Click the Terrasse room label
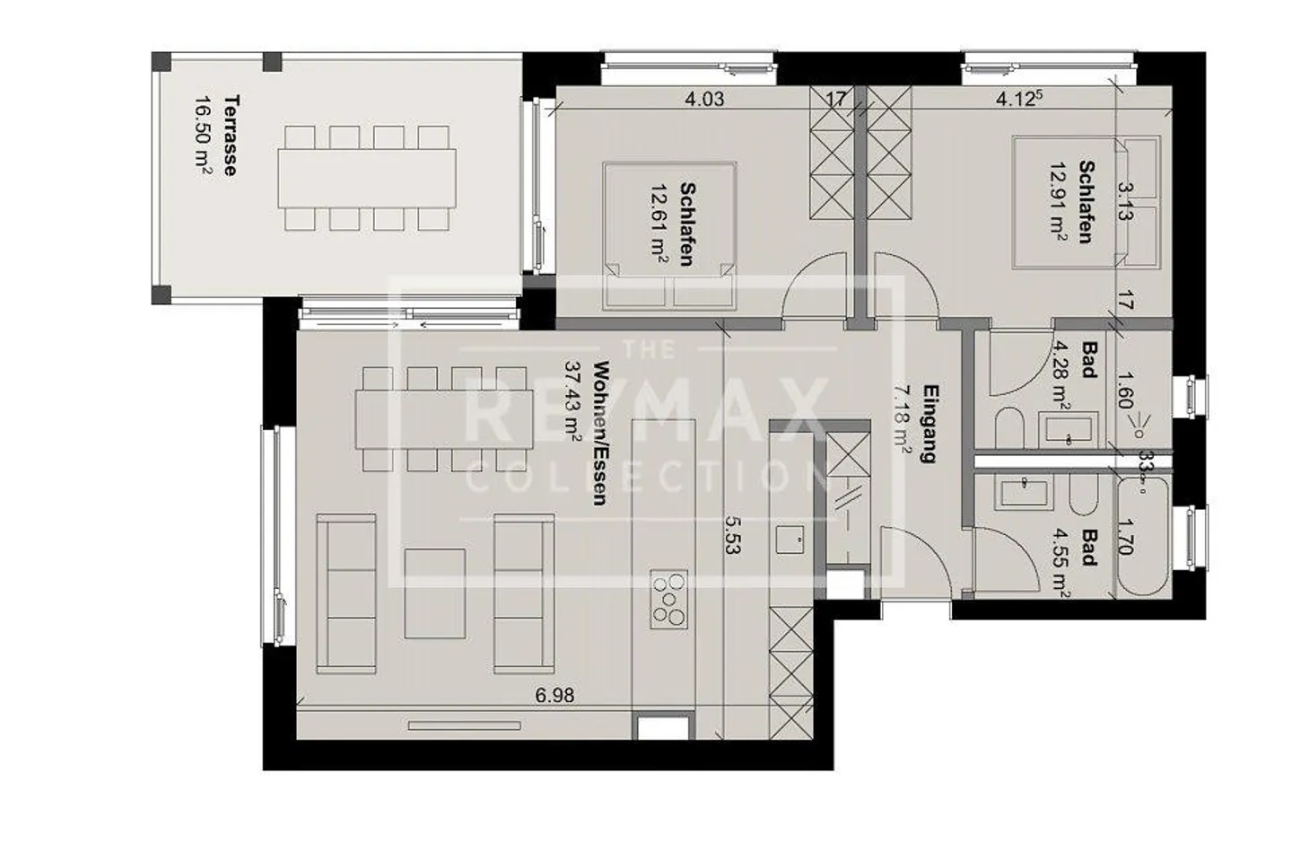(x=231, y=136)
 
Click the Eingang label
(x=930, y=424)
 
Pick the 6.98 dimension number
(x=554, y=694)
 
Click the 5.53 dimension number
(x=731, y=533)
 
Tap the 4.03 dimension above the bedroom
(x=704, y=99)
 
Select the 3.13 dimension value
(x=1125, y=201)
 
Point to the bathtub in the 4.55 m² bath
(x=1142, y=536)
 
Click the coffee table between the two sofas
(x=435, y=593)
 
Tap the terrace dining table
(x=367, y=178)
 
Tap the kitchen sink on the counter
(x=790, y=540)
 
